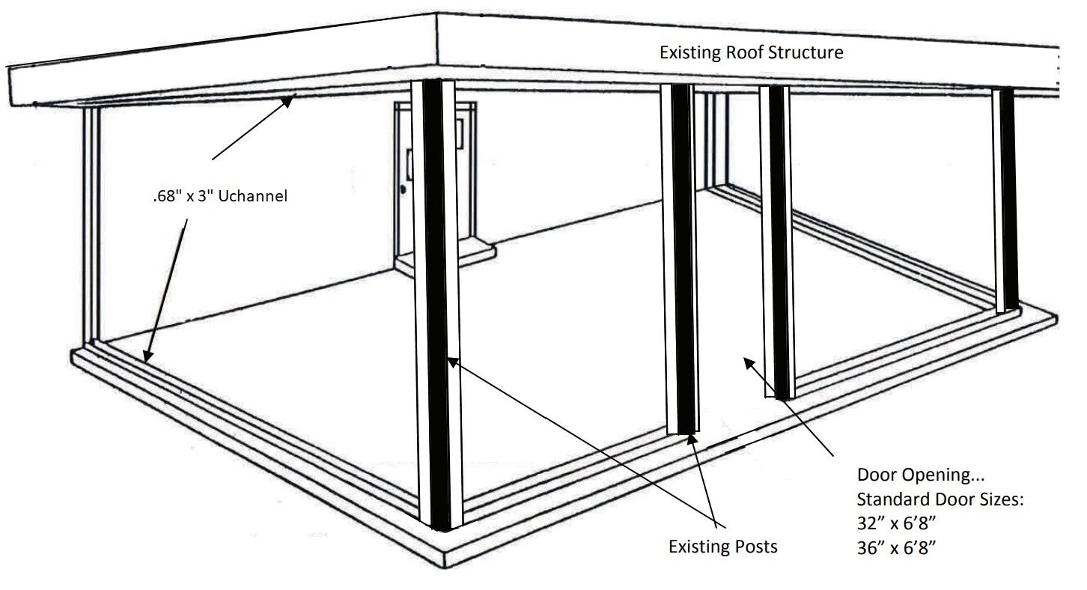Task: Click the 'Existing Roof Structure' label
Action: point(751,52)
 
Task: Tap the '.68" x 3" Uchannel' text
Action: point(220,196)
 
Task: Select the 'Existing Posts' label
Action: point(723,547)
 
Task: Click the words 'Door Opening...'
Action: point(921,475)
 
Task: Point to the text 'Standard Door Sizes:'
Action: point(940,499)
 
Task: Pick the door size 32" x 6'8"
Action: point(896,523)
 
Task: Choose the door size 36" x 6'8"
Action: point(896,548)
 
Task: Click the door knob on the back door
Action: point(404,189)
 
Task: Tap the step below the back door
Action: point(445,256)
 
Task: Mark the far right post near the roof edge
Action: point(1005,200)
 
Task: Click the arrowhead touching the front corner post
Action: point(452,362)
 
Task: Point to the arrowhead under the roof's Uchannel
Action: point(288,101)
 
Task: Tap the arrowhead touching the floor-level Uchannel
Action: point(147,356)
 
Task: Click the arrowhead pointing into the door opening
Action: point(749,363)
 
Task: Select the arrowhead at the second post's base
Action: point(692,440)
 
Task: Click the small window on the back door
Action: point(459,133)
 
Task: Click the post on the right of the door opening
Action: point(777,242)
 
